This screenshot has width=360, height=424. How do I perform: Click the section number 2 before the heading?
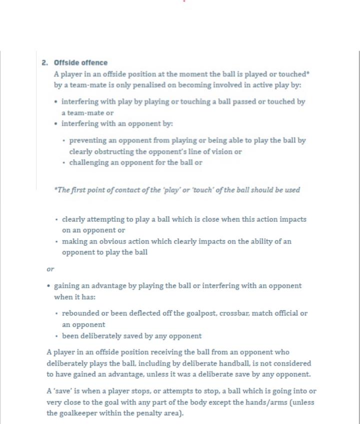44,63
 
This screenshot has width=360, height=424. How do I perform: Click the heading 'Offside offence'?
80,63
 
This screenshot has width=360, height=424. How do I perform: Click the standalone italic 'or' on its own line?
50,269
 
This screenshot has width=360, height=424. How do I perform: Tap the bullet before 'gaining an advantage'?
48,286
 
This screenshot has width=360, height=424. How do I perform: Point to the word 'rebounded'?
80,313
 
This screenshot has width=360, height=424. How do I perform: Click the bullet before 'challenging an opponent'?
64,163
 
